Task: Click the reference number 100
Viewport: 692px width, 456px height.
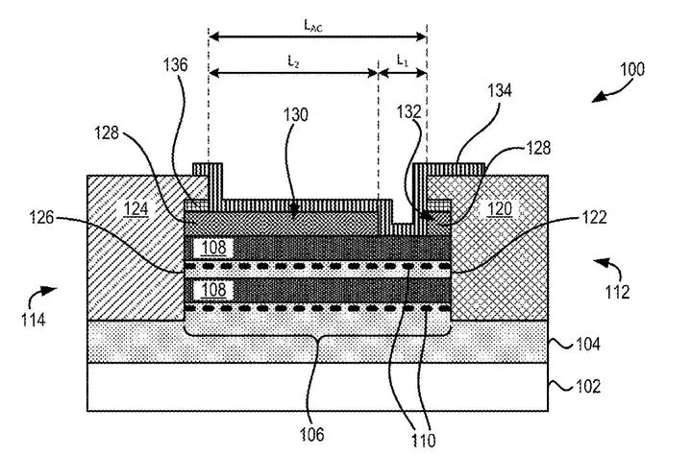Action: click(x=632, y=69)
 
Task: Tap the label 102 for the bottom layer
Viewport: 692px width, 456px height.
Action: click(x=588, y=386)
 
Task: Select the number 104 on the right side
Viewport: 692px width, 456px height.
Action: click(x=588, y=344)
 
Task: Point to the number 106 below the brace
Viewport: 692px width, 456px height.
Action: click(x=311, y=434)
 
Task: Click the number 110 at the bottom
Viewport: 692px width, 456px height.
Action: click(x=423, y=440)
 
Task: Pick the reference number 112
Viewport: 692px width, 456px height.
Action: click(x=616, y=292)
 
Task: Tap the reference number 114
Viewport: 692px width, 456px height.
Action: click(x=33, y=320)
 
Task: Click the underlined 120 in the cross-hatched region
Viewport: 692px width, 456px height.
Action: click(x=499, y=208)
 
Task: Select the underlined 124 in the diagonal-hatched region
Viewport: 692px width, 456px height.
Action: click(x=136, y=208)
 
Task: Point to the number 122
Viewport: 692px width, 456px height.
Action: click(x=594, y=217)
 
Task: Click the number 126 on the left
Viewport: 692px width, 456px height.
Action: click(x=41, y=217)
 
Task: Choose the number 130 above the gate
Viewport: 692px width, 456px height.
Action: click(x=295, y=114)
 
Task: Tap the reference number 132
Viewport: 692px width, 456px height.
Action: click(x=408, y=111)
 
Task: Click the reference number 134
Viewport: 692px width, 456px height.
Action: click(x=499, y=90)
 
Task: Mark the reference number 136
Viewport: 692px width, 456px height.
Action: click(x=175, y=65)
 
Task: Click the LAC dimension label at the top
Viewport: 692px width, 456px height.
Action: click(x=313, y=26)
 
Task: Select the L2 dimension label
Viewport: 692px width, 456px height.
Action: click(x=293, y=61)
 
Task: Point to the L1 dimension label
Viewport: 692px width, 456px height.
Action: click(x=402, y=60)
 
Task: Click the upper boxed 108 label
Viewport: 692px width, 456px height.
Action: click(x=214, y=248)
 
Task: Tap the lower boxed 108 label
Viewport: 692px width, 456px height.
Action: click(x=214, y=290)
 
